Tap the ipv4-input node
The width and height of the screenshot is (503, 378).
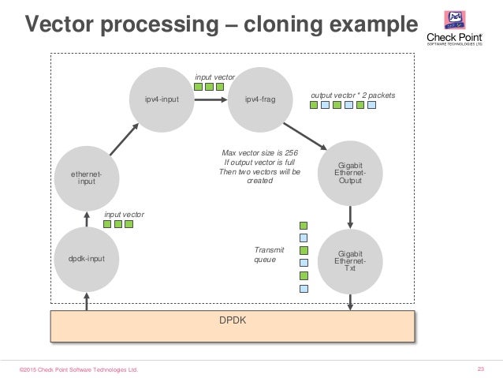pyautogui.click(x=161, y=99)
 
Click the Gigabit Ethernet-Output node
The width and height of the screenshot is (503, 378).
pyautogui.click(x=349, y=174)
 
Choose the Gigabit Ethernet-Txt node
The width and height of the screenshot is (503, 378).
pyautogui.click(x=349, y=257)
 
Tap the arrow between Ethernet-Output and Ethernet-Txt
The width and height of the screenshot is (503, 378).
pyautogui.click(x=349, y=215)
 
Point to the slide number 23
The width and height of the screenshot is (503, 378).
pyautogui.click(x=481, y=369)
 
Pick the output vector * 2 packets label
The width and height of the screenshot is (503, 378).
pyautogui.click(x=352, y=95)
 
